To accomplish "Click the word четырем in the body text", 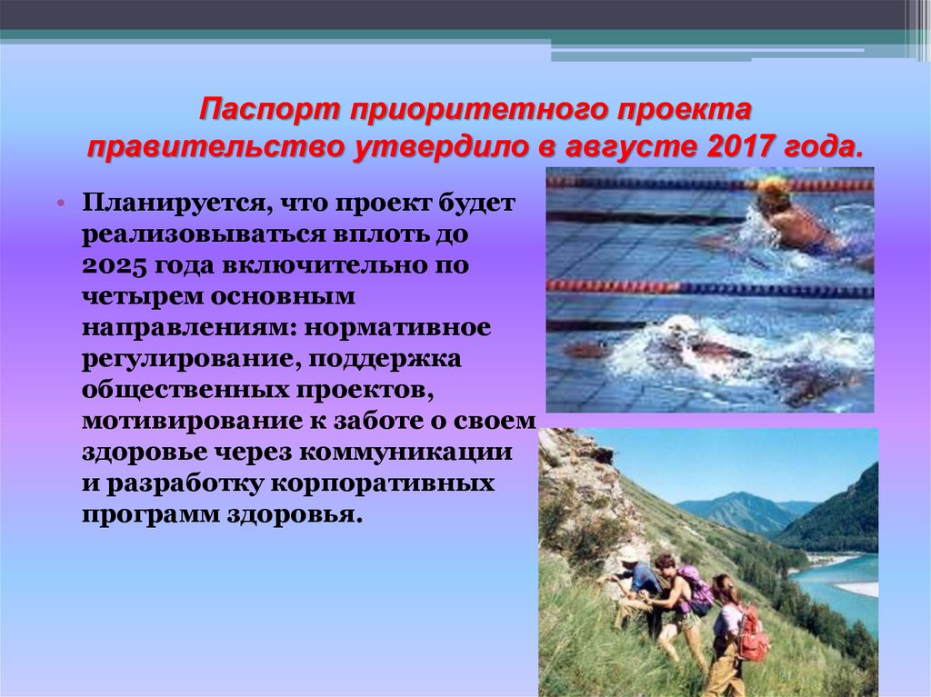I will [x=135, y=297].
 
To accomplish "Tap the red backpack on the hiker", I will [x=752, y=632].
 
